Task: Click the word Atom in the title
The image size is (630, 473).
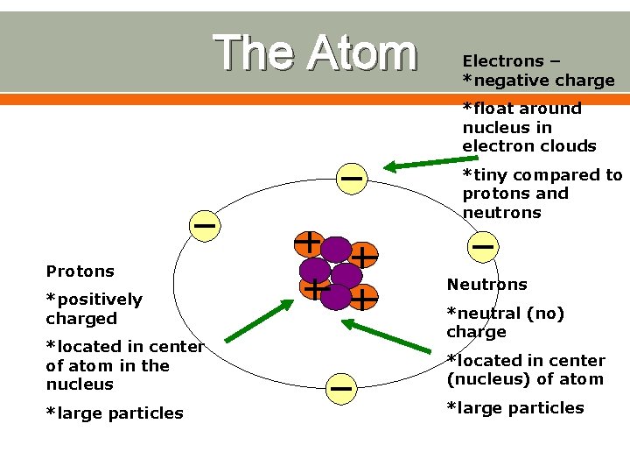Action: (x=360, y=53)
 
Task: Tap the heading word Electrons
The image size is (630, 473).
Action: (x=503, y=61)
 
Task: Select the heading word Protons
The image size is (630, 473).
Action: (x=80, y=272)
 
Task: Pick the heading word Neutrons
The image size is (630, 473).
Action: (x=486, y=285)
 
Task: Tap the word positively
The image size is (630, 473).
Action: (x=94, y=300)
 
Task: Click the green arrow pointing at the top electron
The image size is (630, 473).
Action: (x=424, y=163)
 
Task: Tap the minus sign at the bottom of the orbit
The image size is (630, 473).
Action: (x=341, y=386)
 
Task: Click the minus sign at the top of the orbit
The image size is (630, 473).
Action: (x=351, y=178)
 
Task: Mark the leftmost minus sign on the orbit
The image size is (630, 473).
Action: (x=205, y=226)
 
